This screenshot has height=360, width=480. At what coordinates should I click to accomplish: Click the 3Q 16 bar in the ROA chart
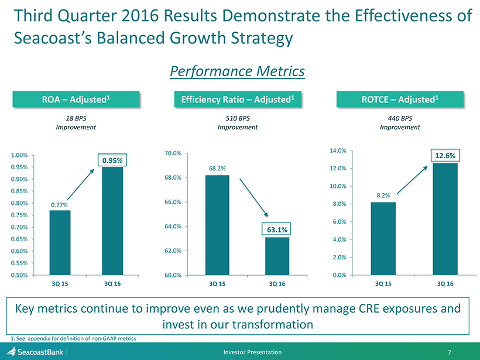pyautogui.click(x=112, y=221)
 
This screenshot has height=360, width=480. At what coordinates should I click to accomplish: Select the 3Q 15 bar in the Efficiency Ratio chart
pyautogui.click(x=217, y=225)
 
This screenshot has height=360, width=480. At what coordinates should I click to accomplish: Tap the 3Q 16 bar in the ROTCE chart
pyautogui.click(x=445, y=219)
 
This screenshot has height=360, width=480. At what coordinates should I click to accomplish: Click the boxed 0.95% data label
pyautogui.click(x=112, y=160)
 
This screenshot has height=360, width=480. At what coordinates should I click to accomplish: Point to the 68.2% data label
pyautogui.click(x=217, y=169)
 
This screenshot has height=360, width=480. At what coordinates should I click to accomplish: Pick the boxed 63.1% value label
pyautogui.click(x=277, y=229)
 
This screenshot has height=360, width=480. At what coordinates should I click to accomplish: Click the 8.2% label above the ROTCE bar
pyautogui.click(x=383, y=196)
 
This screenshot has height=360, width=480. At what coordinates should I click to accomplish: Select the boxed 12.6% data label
pyautogui.click(x=445, y=156)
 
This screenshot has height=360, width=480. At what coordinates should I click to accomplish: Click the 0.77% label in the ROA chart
pyautogui.click(x=59, y=205)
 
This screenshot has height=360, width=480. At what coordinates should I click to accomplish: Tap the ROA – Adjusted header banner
pyautogui.click(x=76, y=100)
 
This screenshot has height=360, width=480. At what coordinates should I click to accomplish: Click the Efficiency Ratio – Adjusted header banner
pyautogui.click(x=238, y=100)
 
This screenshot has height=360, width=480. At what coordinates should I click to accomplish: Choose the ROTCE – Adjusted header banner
pyautogui.click(x=400, y=100)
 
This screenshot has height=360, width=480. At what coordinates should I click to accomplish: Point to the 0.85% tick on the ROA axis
pyautogui.click(x=19, y=191)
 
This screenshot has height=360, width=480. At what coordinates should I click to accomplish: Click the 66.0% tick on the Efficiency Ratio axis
pyautogui.click(x=173, y=202)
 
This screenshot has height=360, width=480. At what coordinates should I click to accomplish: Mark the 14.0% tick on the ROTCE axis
pyautogui.click(x=338, y=150)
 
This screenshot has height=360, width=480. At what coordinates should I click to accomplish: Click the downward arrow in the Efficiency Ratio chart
pyautogui.click(x=254, y=198)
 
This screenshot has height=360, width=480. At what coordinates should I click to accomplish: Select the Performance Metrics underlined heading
pyautogui.click(x=238, y=71)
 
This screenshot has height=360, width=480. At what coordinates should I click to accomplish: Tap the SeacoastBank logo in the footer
pyautogui.click(x=35, y=352)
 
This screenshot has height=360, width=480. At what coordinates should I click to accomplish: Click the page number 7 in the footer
pyautogui.click(x=450, y=352)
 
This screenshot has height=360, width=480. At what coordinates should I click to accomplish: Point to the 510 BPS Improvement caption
pyautogui.click(x=238, y=123)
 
